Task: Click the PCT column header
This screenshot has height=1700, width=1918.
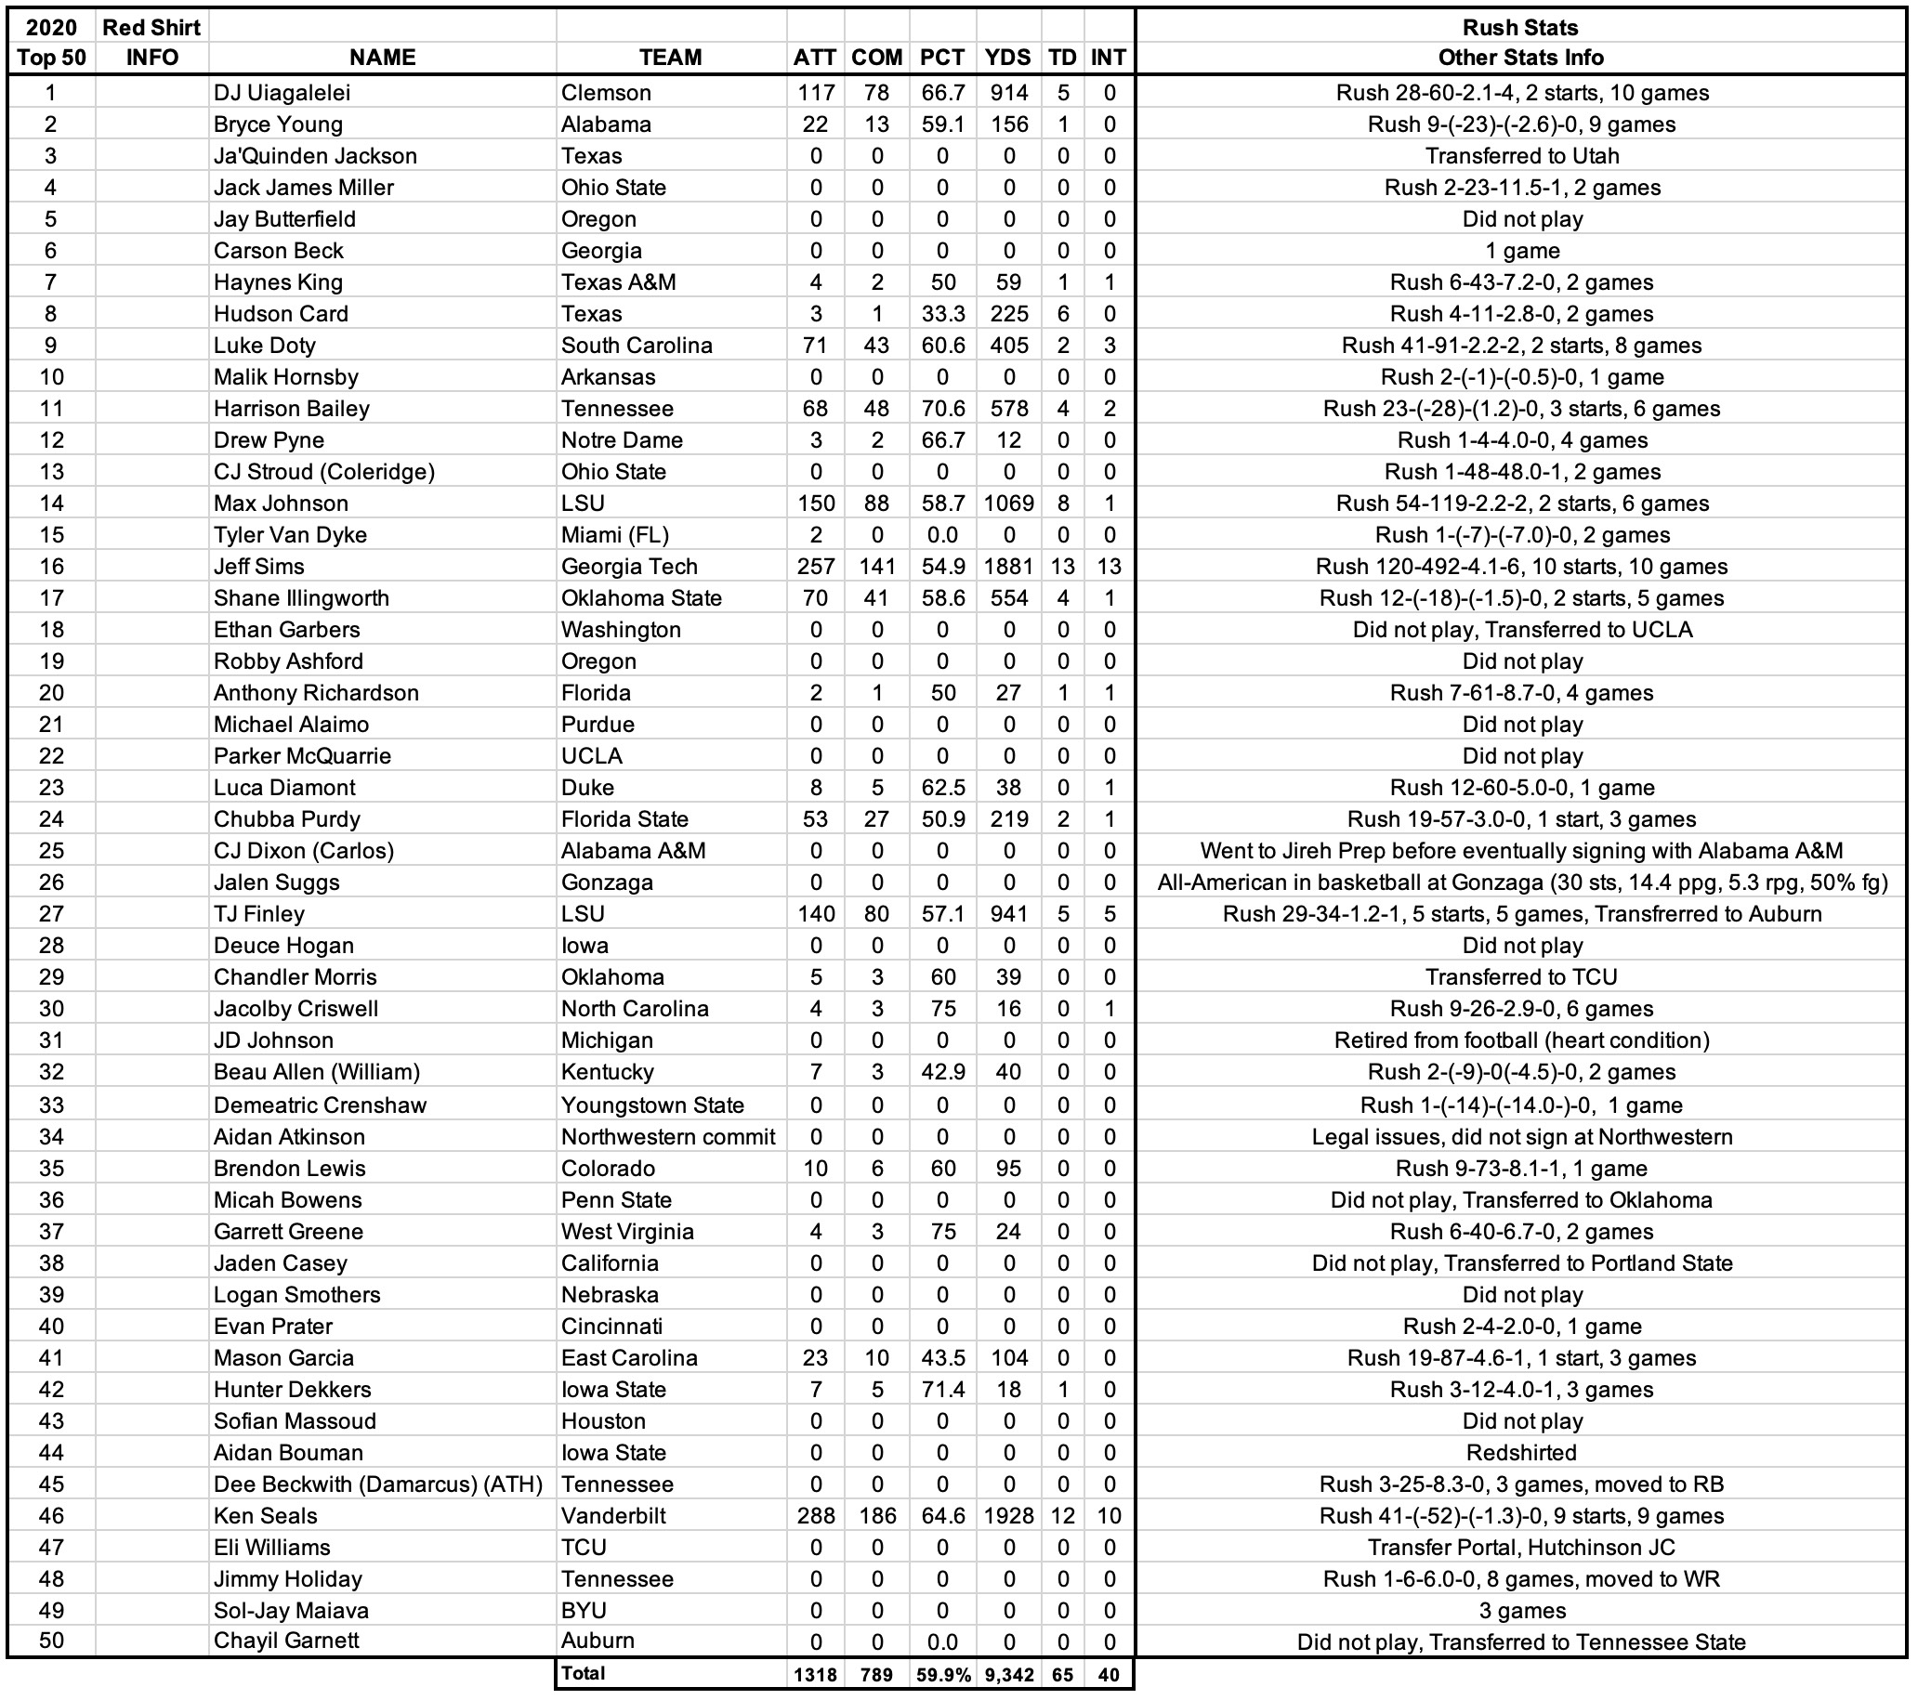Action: [x=942, y=58]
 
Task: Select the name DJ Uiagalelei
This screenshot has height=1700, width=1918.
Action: [x=282, y=93]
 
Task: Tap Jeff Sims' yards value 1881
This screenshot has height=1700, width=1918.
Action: [x=1009, y=567]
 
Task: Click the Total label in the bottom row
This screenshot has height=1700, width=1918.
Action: [x=583, y=1673]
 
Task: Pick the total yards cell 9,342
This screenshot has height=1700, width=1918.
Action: [x=1009, y=1675]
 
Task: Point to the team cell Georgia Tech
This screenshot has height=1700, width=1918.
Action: [x=629, y=567]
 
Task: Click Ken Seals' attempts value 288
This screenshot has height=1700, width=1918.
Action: [x=816, y=1515]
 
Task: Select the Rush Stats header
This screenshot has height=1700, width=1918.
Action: [x=1520, y=27]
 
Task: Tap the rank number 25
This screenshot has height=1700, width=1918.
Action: [x=52, y=851]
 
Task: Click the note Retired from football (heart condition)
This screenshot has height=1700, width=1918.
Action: [x=1521, y=1040]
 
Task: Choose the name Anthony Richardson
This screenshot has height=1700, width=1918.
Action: [x=315, y=693]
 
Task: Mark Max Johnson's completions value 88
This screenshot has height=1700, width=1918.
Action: [x=876, y=503]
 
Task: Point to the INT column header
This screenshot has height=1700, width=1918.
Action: [x=1109, y=58]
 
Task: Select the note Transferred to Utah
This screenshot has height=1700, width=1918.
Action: [x=1521, y=156]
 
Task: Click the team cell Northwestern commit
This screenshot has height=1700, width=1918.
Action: [x=668, y=1137]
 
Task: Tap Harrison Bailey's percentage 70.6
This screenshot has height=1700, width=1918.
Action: [x=942, y=409]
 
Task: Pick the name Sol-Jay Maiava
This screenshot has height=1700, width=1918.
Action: [x=291, y=1610]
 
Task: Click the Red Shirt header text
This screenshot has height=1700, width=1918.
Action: [x=151, y=27]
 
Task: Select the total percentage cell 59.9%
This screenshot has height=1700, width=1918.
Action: [x=943, y=1675]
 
